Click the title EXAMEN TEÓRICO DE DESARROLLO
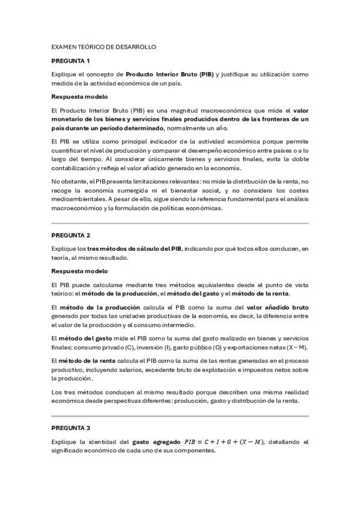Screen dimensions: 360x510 (x=103, y=46)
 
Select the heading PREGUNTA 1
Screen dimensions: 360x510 (x=70, y=61)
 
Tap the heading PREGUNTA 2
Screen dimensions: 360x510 (x=70, y=235)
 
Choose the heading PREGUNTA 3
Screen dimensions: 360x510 (x=70, y=428)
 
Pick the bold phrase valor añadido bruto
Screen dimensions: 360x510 (x=278, y=307)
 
